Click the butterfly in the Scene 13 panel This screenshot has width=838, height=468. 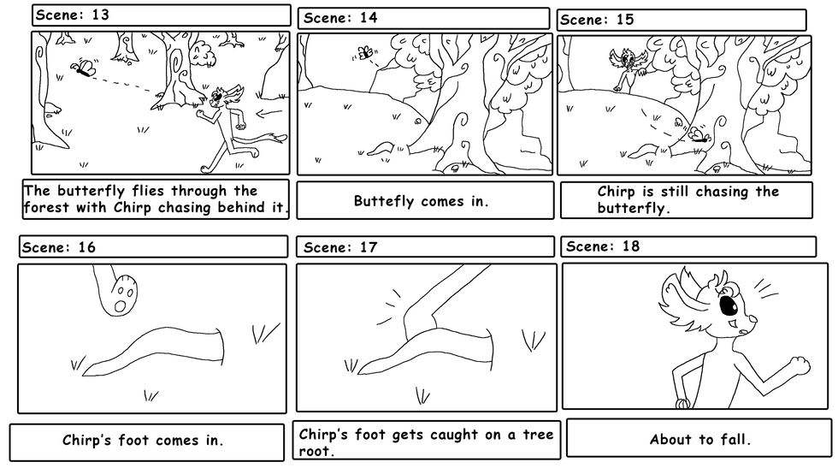(85, 68)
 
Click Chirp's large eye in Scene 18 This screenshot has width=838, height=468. (729, 305)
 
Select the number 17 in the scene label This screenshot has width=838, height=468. (368, 247)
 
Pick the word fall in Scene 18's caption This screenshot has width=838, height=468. (733, 440)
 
